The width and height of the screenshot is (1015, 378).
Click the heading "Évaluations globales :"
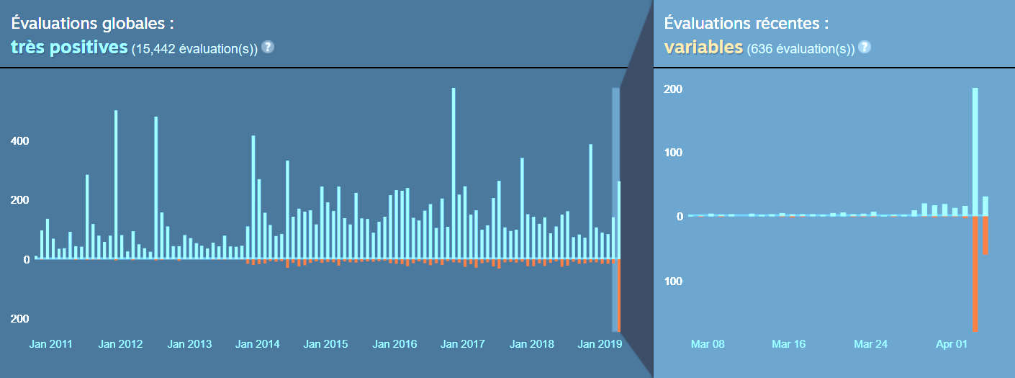[92, 23]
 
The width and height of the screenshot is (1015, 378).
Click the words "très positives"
[69, 48]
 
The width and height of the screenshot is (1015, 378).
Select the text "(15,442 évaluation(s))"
[194, 49]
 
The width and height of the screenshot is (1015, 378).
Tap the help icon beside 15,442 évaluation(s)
[268, 48]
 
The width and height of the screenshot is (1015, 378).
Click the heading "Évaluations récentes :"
[746, 23]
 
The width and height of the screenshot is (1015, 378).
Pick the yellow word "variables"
[703, 48]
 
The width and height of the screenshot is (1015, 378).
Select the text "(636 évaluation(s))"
[800, 49]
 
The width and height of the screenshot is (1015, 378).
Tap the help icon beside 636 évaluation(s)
[865, 48]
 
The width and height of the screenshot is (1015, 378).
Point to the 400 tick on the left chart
[20, 141]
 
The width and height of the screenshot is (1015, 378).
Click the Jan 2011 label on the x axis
[51, 344]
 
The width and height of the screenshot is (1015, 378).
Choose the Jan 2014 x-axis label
[258, 344]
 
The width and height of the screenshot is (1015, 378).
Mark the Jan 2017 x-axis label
[464, 344]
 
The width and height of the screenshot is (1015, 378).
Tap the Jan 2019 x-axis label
[600, 344]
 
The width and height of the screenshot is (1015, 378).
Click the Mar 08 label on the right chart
[708, 344]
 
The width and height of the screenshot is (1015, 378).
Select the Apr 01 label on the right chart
[952, 344]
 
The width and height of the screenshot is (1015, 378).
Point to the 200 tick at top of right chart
[673, 89]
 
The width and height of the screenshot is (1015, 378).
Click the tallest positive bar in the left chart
[454, 173]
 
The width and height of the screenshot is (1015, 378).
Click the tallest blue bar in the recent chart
[975, 151]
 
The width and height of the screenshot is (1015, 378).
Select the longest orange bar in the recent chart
[975, 274]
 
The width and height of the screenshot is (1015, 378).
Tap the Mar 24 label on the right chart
[870, 344]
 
